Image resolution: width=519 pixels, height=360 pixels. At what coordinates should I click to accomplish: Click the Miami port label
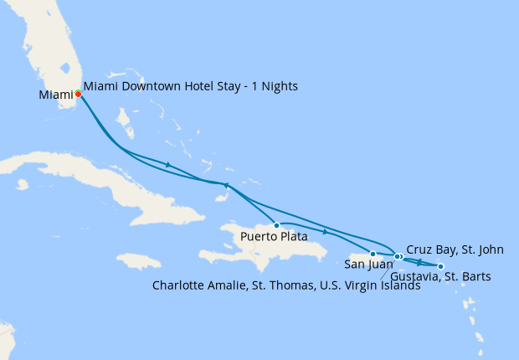(x=56, y=95)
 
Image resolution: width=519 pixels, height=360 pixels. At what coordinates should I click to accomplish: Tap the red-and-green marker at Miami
(x=78, y=94)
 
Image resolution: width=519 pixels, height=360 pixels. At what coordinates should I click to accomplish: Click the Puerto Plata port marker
(x=276, y=225)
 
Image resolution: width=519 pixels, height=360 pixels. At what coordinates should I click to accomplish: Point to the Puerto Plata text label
(x=273, y=237)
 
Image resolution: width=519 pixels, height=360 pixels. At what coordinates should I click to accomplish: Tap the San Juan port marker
(x=373, y=253)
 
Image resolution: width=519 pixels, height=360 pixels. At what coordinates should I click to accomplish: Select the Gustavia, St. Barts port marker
(x=441, y=266)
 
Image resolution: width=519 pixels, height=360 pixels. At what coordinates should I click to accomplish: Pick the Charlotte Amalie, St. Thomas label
(x=285, y=285)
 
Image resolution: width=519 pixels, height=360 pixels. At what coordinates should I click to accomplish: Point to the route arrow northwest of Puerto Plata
(x=225, y=185)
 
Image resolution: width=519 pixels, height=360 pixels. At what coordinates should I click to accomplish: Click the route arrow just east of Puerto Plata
(x=325, y=230)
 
